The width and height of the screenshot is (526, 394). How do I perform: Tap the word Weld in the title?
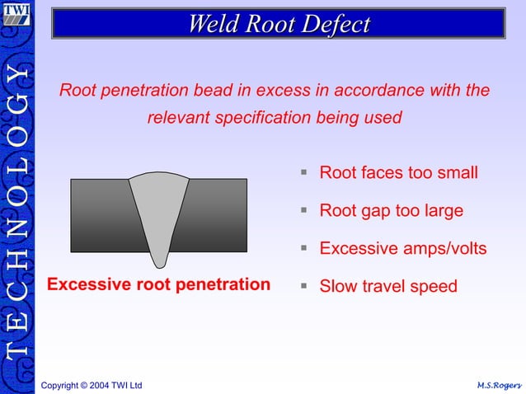(211, 24)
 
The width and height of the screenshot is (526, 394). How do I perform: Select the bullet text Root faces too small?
(398, 173)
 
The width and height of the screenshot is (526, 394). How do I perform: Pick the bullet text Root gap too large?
(391, 211)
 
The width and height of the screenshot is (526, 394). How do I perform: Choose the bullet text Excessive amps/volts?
(402, 248)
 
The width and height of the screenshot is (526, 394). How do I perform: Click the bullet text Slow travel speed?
(387, 286)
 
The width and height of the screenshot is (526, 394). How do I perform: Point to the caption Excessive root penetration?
(159, 285)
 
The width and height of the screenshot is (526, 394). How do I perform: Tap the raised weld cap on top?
(159, 176)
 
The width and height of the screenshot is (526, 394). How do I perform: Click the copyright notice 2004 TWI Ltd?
(92, 385)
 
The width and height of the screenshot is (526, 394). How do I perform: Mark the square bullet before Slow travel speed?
(304, 286)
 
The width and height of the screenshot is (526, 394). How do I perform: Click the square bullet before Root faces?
(304, 173)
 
